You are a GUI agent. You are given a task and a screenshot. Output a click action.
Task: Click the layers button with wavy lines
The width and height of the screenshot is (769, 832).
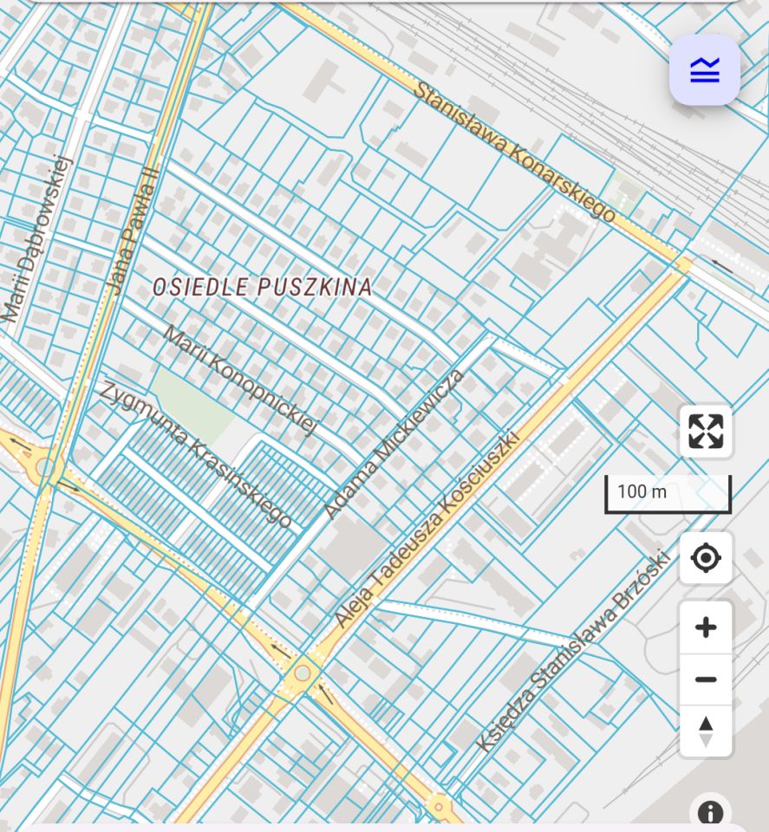705,70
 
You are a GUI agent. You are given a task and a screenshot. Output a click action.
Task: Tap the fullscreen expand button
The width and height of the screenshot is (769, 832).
706,431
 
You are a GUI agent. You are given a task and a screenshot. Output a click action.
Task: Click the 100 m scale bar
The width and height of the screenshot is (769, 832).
668,493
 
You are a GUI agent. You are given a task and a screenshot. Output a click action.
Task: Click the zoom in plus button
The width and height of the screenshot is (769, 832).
706,627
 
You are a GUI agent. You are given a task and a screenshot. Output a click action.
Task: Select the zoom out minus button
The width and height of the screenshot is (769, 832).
706,679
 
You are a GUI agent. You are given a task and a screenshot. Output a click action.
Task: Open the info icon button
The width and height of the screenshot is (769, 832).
710,813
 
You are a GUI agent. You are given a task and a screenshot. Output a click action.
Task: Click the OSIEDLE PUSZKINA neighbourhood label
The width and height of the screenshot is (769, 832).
263,287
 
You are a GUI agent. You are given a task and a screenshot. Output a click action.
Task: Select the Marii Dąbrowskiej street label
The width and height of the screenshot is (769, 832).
35,238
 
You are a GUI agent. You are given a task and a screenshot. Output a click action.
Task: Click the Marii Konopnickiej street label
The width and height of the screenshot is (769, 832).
241,379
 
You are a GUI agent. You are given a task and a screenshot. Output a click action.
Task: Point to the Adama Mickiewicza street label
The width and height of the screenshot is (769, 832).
394,443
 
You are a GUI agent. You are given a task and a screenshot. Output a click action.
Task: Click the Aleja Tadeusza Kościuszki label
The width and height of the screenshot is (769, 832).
427,528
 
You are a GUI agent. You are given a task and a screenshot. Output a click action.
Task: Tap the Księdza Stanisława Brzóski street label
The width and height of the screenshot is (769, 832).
573,651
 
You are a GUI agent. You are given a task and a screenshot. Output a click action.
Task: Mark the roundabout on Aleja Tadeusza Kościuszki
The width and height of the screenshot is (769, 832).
303,673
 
